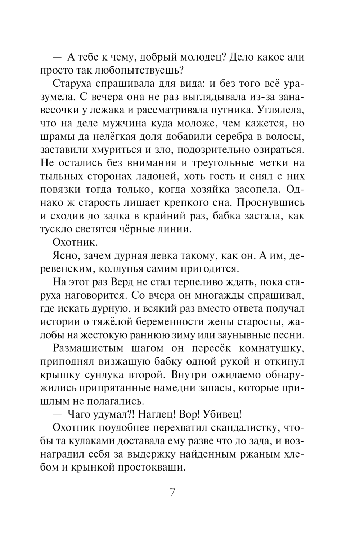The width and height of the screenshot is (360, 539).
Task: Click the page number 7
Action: point(172,492)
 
